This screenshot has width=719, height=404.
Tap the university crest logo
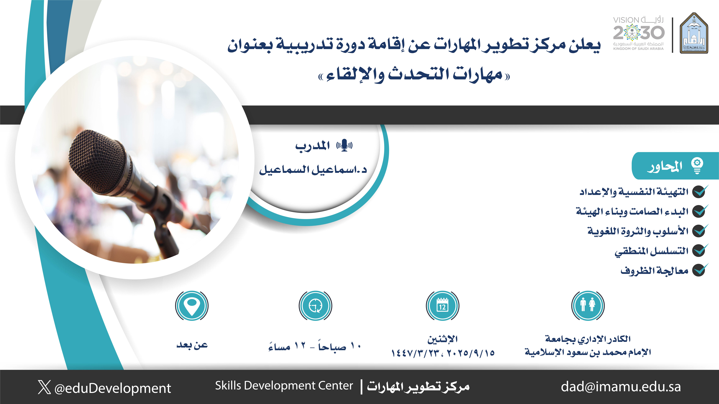click(x=694, y=33)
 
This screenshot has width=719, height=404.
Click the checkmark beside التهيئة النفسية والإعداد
click(x=700, y=191)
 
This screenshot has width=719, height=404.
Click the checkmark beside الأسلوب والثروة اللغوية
click(x=700, y=231)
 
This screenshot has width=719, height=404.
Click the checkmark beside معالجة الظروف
click(x=700, y=270)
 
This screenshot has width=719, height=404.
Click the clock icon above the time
click(x=315, y=306)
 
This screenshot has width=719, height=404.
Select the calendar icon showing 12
click(x=442, y=306)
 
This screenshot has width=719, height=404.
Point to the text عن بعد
click(x=192, y=345)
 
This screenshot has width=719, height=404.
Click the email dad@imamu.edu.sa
click(x=621, y=387)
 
